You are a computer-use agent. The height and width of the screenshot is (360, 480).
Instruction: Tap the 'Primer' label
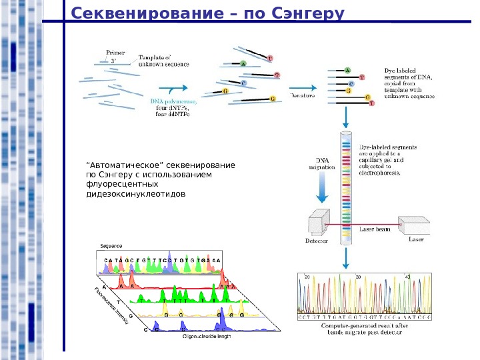point(116,51)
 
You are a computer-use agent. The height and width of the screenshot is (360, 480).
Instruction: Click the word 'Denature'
point(302,96)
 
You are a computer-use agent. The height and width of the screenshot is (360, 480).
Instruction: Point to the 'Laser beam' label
point(375,229)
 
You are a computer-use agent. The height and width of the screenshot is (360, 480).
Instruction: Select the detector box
point(318,224)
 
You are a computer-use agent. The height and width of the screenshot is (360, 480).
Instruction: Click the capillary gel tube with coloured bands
point(346,187)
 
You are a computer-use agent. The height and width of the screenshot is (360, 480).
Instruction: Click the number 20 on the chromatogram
point(307,276)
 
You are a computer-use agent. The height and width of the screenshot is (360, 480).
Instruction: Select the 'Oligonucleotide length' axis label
point(207,337)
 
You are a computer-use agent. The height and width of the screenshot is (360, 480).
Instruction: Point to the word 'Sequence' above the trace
point(111,246)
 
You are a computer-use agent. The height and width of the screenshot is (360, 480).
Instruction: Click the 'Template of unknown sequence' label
point(163,61)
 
